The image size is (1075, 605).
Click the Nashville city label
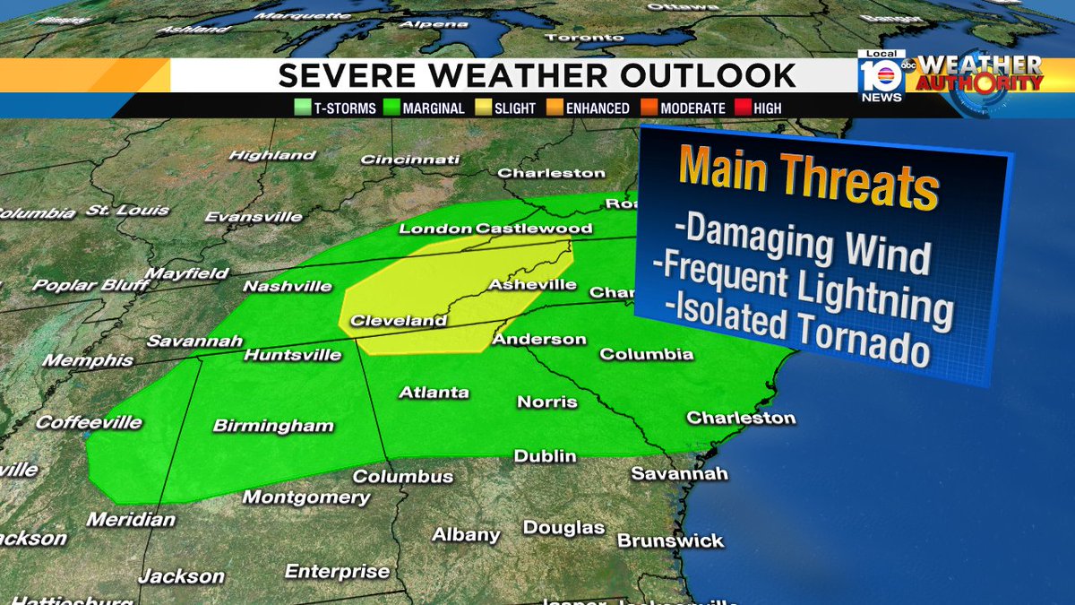tap(288, 287)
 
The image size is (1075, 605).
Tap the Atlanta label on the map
tap(434, 393)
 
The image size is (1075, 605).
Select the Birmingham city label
tap(273, 427)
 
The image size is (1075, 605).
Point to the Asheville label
tap(532, 285)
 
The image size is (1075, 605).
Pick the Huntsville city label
tap(292, 355)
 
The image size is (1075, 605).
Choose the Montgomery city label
tap(306, 497)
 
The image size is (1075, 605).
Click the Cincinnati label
tap(409, 160)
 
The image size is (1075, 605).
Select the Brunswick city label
tap(670, 541)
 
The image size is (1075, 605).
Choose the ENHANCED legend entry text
tap(597, 108)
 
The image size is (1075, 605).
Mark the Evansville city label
tap(254, 217)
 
